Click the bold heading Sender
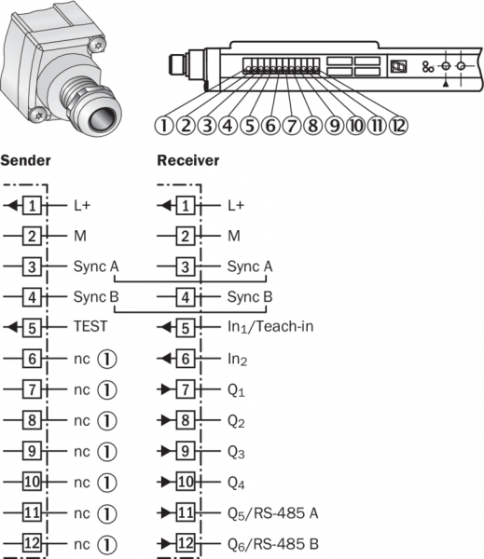tap(25, 160)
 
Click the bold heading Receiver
tap(188, 160)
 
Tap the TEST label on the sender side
tap(90, 326)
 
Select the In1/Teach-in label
tap(270, 327)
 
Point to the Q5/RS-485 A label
tap(273, 513)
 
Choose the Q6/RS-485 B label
tap(273, 544)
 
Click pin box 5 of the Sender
tap(32, 328)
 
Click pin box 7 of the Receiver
tap(186, 389)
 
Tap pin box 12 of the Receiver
tap(186, 543)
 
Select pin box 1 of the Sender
tap(32, 205)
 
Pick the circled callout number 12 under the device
tap(398, 126)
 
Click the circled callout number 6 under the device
tap(270, 126)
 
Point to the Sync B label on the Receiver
tap(250, 297)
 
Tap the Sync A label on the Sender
tap(96, 266)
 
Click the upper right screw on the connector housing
tap(97, 45)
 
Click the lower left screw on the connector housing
tap(38, 115)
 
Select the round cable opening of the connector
tap(103, 120)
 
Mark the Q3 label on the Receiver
tap(236, 452)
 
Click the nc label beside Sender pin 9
tap(82, 452)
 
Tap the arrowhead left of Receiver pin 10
tap(166, 482)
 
